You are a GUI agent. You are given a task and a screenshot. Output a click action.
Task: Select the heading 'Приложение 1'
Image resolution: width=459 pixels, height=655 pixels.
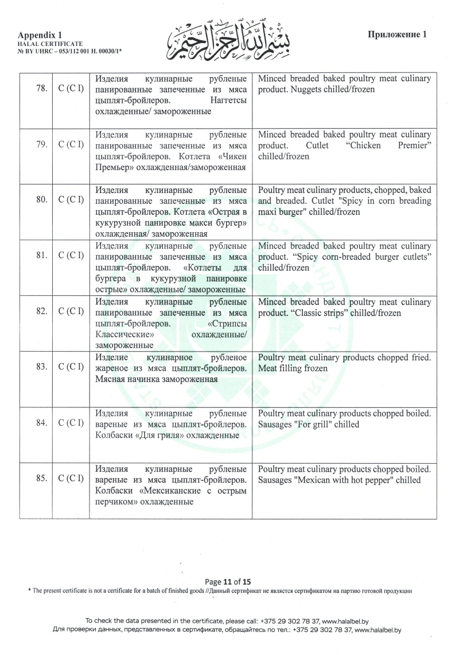(x=398, y=34)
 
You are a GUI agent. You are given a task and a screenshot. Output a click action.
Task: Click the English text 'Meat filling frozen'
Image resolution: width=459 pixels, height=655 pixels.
(x=293, y=368)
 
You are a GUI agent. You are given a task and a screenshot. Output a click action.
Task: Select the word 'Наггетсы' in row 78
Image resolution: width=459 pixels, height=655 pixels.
(x=228, y=101)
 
